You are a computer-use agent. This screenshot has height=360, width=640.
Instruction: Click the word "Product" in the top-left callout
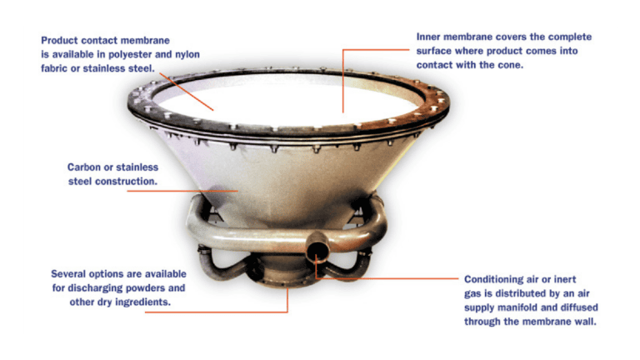[60, 39]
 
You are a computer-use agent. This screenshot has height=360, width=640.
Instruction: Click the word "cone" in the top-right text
[509, 65]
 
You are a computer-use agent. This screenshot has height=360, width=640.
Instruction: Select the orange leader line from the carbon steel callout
[175, 190]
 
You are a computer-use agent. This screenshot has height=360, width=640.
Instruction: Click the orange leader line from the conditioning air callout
[392, 278]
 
